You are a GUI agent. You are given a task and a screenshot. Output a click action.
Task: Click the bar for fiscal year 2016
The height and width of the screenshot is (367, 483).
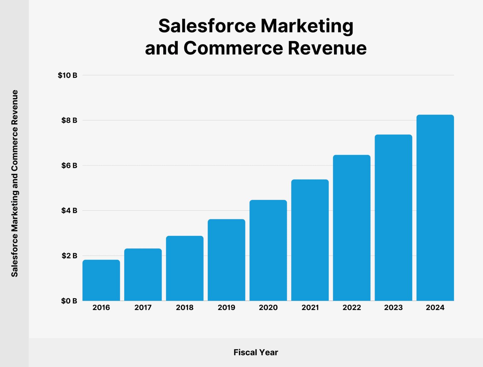[x=101, y=280]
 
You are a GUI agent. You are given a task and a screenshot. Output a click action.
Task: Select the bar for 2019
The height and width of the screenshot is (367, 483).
[x=226, y=260]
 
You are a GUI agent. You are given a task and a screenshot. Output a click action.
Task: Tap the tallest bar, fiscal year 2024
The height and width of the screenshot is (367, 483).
[x=435, y=208]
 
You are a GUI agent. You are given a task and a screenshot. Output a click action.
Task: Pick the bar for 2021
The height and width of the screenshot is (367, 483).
[x=310, y=240]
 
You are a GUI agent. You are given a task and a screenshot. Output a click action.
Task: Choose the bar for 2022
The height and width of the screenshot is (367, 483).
[x=352, y=228]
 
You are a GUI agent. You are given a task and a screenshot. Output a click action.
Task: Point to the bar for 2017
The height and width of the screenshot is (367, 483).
[x=143, y=275]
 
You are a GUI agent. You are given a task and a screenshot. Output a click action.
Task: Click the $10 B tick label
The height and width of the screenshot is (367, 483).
[x=67, y=75]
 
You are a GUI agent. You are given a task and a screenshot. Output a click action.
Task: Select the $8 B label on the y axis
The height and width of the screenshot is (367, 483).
[x=69, y=120]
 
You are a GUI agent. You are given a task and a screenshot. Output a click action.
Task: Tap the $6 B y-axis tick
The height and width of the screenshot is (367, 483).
[x=69, y=165]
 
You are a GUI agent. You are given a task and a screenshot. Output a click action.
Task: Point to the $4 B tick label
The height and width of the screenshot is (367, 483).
[x=69, y=210]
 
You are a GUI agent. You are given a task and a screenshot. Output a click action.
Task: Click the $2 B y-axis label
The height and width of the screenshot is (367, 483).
[x=69, y=256]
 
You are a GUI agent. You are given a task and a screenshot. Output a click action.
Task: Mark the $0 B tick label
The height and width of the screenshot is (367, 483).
[x=69, y=301]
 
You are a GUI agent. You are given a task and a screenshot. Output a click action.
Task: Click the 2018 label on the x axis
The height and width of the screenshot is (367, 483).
[x=185, y=308]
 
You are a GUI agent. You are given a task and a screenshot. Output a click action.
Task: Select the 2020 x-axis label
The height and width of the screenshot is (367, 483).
[x=268, y=308]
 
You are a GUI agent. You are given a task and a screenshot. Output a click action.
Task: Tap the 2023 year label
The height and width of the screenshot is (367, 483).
[x=393, y=308]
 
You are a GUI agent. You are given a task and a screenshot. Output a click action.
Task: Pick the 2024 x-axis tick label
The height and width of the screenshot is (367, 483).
[x=435, y=308]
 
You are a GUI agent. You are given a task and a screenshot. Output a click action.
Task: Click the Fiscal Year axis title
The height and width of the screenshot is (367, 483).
[x=256, y=353]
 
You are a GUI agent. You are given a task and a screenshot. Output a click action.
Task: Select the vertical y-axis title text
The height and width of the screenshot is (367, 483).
[x=14, y=183]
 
